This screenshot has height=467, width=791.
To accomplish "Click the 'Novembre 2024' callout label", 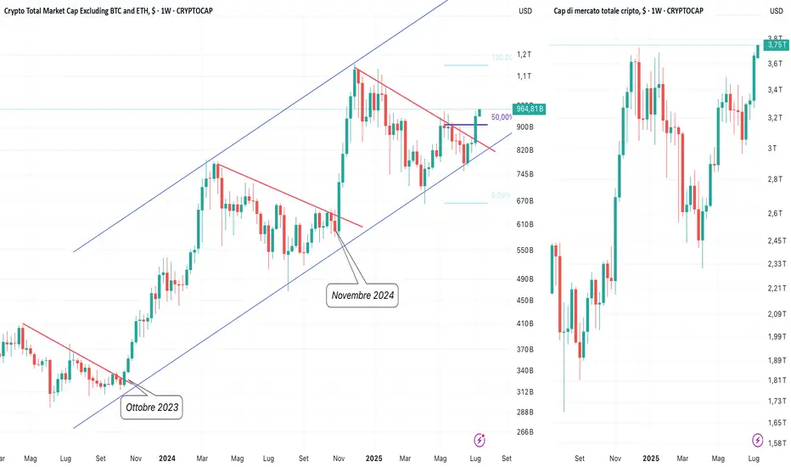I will click(362, 295).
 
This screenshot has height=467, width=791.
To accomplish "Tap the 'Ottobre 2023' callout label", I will click(153, 407).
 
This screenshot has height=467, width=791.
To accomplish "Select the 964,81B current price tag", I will click(530, 109).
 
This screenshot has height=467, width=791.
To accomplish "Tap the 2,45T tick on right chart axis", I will click(774, 241).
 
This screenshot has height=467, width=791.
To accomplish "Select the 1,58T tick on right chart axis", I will click(774, 442).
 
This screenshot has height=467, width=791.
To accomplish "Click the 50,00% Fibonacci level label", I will click(502, 116).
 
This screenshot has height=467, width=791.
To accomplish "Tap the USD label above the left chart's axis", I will click(525, 11).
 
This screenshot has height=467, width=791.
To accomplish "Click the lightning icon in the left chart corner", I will click(481, 440).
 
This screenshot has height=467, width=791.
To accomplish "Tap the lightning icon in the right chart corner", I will click(757, 440).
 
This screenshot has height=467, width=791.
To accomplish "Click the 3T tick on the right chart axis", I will click(772, 149).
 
